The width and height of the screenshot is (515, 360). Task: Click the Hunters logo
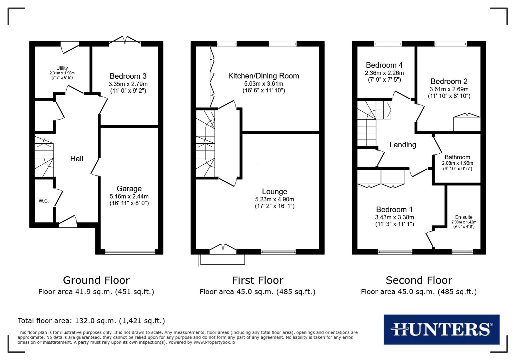coord(441,329)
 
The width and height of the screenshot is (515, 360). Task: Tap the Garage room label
coord(129,189)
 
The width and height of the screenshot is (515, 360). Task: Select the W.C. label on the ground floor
coord(44,201)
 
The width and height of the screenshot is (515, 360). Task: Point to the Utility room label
coord(62,68)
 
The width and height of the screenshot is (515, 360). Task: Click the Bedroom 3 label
coord(128,76)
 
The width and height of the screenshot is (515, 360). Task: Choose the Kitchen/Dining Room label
coord(264,76)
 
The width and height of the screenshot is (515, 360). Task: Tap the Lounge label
coord(275,192)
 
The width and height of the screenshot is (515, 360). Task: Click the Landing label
coord(403,145)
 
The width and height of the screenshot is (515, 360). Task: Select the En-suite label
coord(464,217)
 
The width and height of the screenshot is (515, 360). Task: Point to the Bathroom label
coord(457,157)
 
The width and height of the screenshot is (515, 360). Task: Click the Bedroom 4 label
coord(384,65)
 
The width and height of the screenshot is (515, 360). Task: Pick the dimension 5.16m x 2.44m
coord(129,196)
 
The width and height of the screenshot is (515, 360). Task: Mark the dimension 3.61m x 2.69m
coord(449,89)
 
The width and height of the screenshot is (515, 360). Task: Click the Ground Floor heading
coord(96,280)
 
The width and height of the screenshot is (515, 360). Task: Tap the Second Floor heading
coord(419,280)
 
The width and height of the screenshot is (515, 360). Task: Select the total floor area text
coord(91,321)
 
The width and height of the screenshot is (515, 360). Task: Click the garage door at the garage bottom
coord(130,252)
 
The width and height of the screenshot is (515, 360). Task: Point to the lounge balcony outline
coord(223,261)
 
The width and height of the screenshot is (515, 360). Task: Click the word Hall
coord(76,159)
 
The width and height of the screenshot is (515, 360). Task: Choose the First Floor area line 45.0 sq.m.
coord(257,292)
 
